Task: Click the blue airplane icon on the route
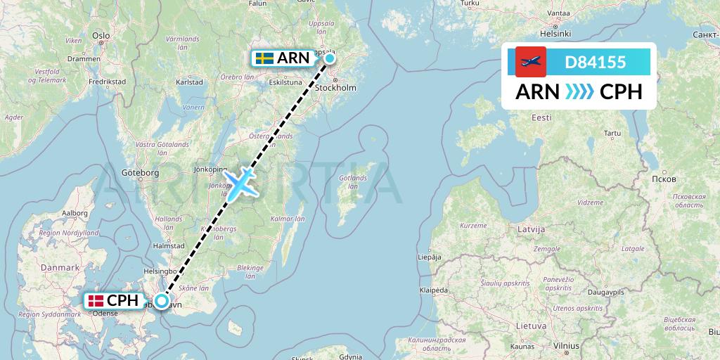[x=240, y=183]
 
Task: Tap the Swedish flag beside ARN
[x=264, y=58]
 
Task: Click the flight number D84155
[x=595, y=62]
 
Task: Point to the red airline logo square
[x=531, y=62]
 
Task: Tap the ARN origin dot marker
[x=330, y=58]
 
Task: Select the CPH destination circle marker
[x=162, y=302]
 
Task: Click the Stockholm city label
[x=335, y=88]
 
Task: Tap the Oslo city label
[x=101, y=35]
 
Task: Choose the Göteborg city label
[x=141, y=172]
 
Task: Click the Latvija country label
[x=531, y=230]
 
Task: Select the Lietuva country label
[x=531, y=326]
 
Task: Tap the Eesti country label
[x=541, y=118]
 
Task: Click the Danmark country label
[x=60, y=268]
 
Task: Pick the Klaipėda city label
[x=434, y=290]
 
